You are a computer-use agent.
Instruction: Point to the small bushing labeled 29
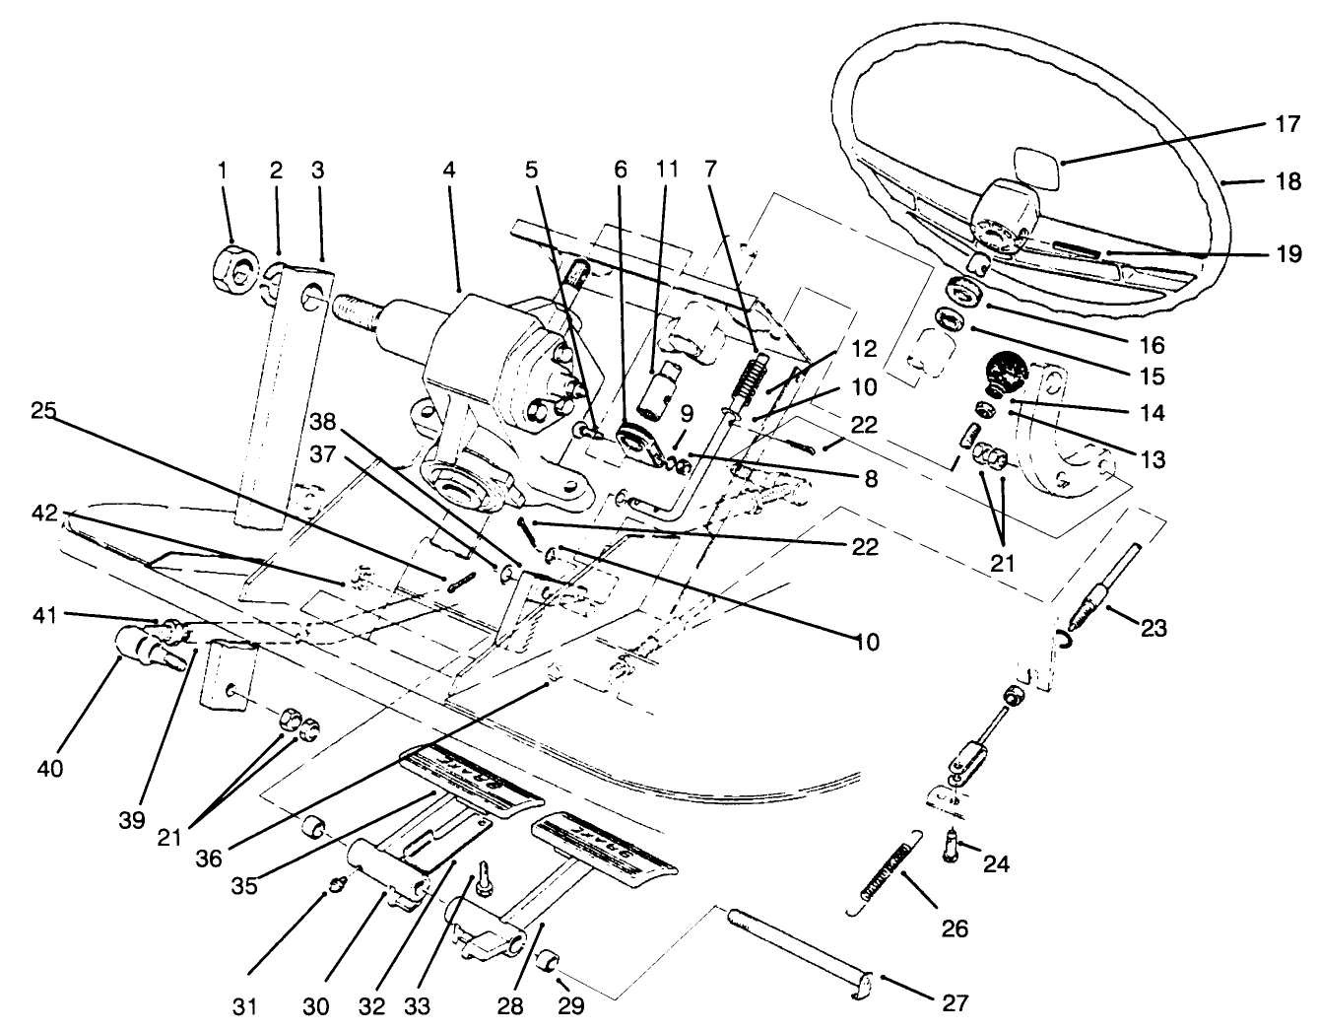(x=550, y=959)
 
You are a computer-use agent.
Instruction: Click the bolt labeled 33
(x=484, y=877)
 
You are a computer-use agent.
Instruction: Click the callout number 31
(x=245, y=1005)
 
